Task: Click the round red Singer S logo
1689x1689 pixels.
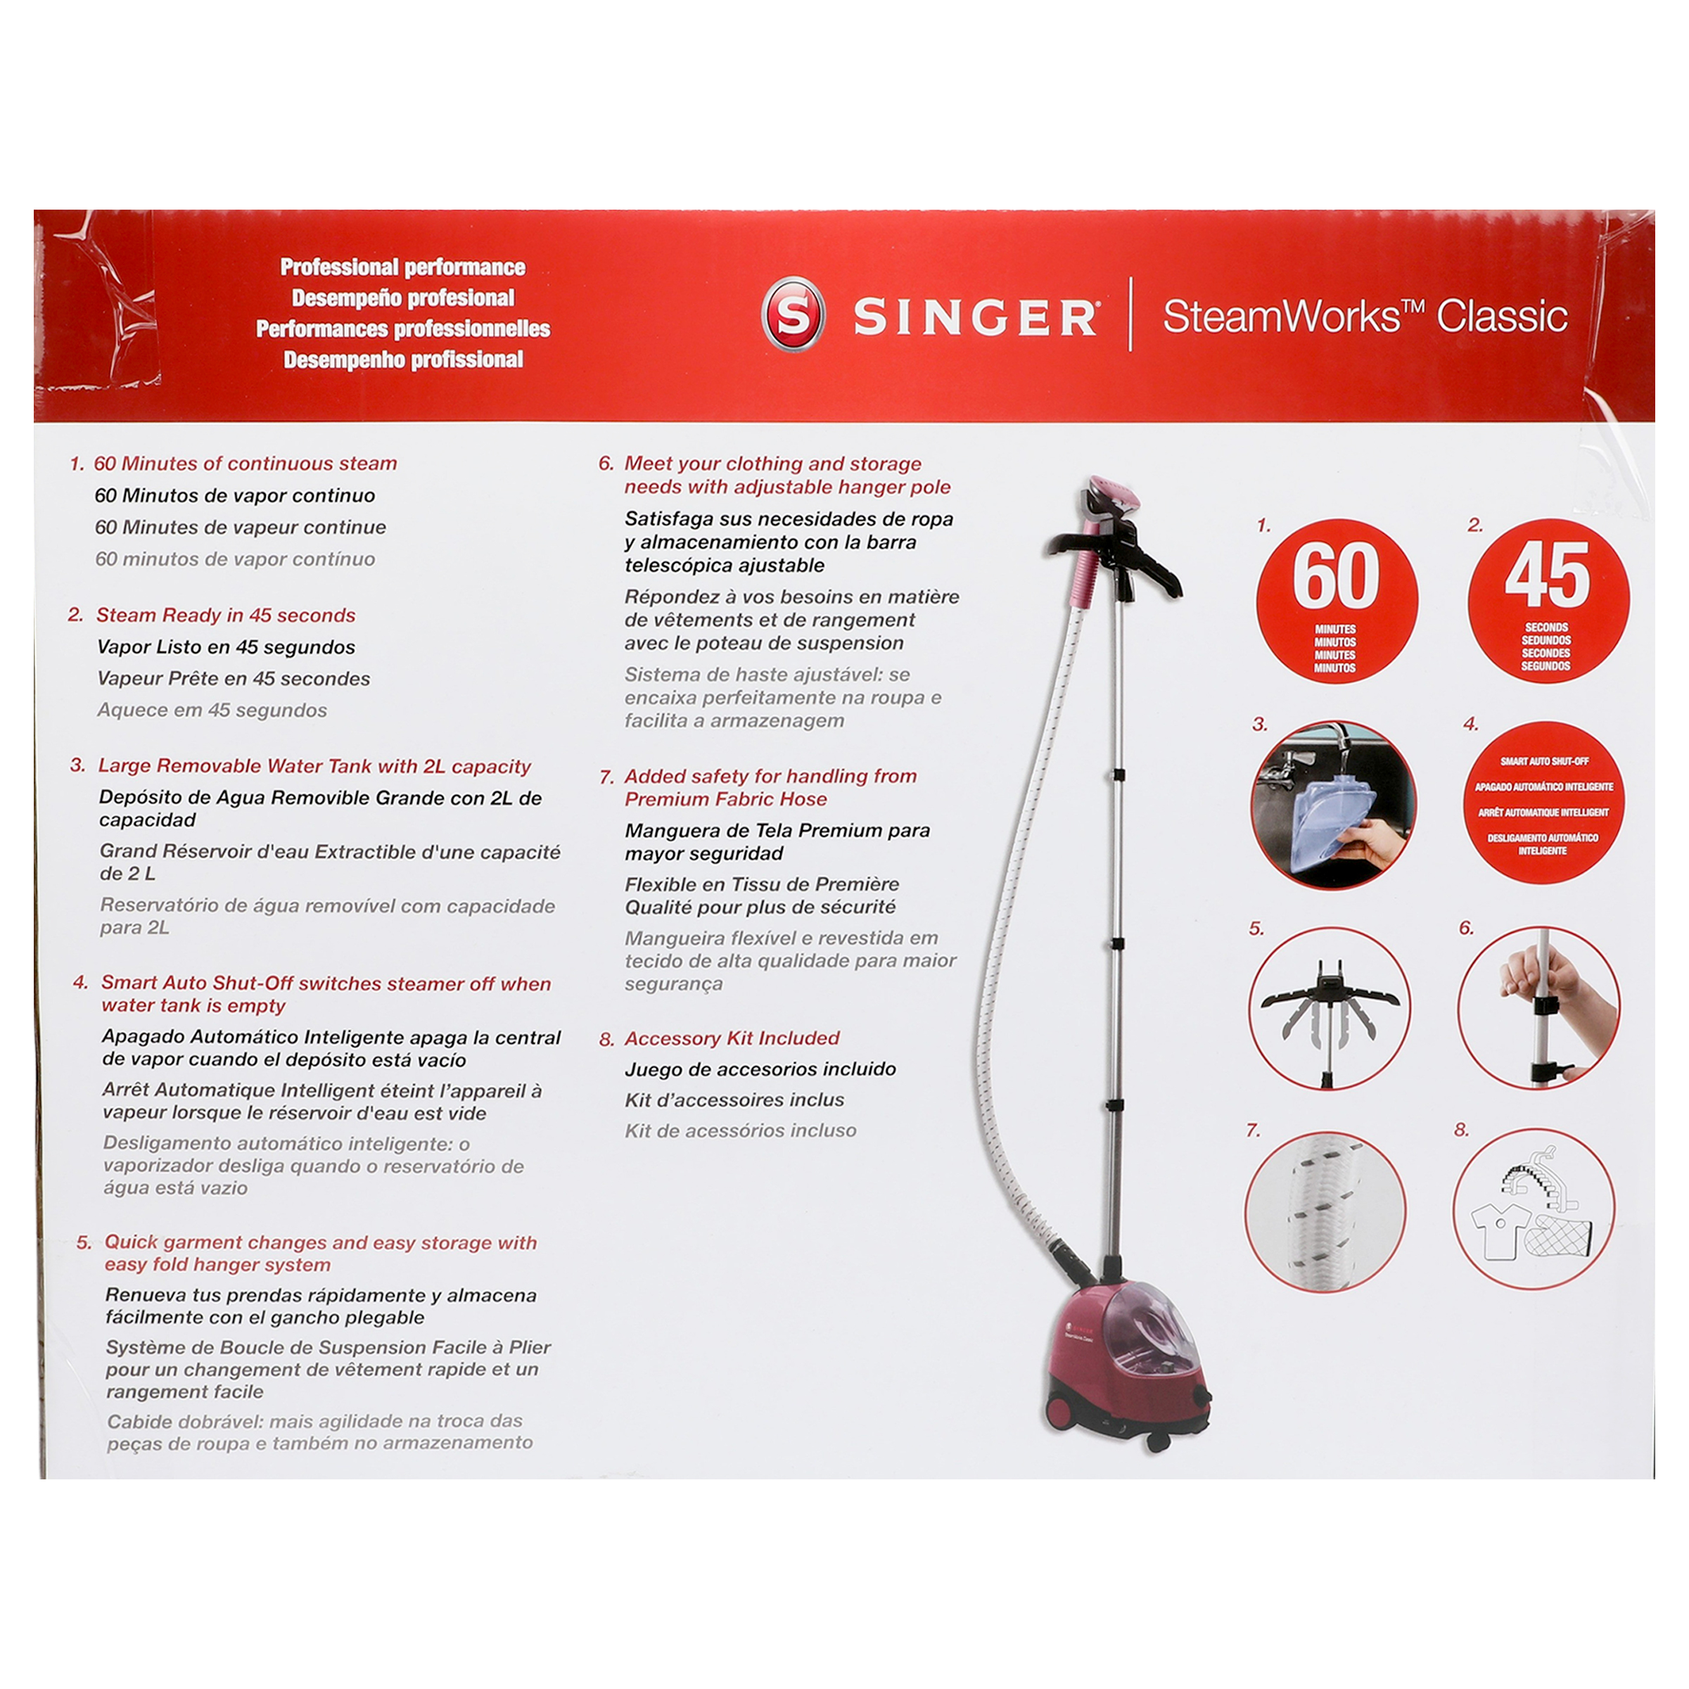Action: point(793,314)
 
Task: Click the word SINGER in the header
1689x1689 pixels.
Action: point(976,317)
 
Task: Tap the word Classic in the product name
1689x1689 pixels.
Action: point(1502,316)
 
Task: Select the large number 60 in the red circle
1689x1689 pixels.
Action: point(1336,576)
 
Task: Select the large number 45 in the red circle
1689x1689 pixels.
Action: point(1548,575)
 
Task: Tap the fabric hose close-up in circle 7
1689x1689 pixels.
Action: point(1325,1211)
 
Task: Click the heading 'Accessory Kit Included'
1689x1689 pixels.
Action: point(732,1038)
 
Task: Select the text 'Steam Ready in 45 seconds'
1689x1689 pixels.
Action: point(226,616)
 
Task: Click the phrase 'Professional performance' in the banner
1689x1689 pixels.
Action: point(403,267)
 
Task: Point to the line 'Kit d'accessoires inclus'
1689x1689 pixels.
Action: point(734,1100)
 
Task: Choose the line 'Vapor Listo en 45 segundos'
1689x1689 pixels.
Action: point(227,647)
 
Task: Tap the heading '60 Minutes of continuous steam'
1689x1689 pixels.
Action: point(246,464)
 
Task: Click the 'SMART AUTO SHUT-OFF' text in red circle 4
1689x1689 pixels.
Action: point(1545,761)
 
